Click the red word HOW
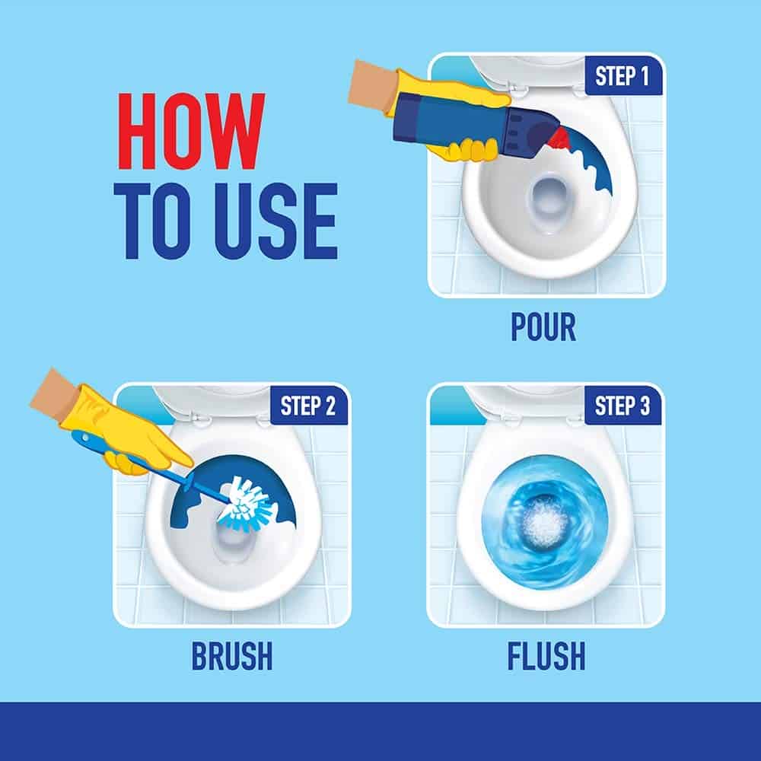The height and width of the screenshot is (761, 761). click(x=191, y=131)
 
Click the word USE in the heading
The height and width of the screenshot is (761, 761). click(x=276, y=221)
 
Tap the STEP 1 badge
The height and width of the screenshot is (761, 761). click(x=622, y=76)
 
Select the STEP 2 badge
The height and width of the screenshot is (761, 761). click(x=308, y=406)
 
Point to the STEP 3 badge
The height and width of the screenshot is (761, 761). click(x=622, y=406)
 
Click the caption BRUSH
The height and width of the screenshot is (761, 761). click(x=232, y=656)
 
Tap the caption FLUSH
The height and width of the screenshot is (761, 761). click(x=546, y=656)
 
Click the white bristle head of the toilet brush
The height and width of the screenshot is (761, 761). click(x=247, y=503)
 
